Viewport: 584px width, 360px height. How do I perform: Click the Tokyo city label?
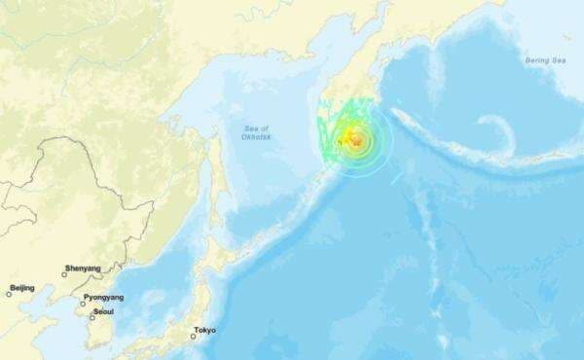(x=205, y=330)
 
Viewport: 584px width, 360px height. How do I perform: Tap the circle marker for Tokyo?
(x=194, y=337)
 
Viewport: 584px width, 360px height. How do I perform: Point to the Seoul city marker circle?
(x=92, y=316)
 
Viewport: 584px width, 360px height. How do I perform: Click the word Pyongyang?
(x=103, y=297)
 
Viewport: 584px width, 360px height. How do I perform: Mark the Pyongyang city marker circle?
(x=84, y=303)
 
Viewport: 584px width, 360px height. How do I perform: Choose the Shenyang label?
(x=82, y=268)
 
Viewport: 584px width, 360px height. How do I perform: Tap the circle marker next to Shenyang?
(x=65, y=274)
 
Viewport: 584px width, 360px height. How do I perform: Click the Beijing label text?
(x=21, y=287)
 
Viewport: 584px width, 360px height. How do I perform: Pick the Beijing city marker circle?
(x=9, y=294)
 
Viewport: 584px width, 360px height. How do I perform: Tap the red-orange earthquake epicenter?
(x=358, y=143)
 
